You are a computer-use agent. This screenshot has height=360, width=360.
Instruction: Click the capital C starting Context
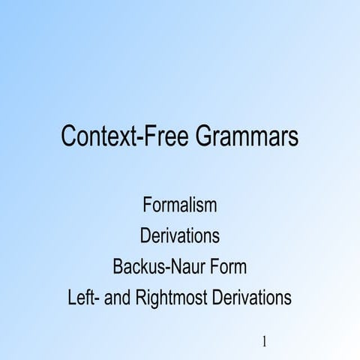(x=69, y=138)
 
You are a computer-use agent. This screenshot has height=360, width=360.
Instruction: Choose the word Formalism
(x=179, y=205)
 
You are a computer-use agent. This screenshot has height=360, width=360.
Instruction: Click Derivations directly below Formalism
(x=180, y=236)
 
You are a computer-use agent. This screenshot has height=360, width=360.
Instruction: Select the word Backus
(x=138, y=267)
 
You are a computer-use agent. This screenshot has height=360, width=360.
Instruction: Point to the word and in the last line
(x=117, y=298)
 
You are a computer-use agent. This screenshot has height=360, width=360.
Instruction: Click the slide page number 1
(x=265, y=342)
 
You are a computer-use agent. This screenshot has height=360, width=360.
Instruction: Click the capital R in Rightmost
(x=140, y=298)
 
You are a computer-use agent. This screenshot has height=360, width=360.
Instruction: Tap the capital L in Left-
(x=72, y=298)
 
